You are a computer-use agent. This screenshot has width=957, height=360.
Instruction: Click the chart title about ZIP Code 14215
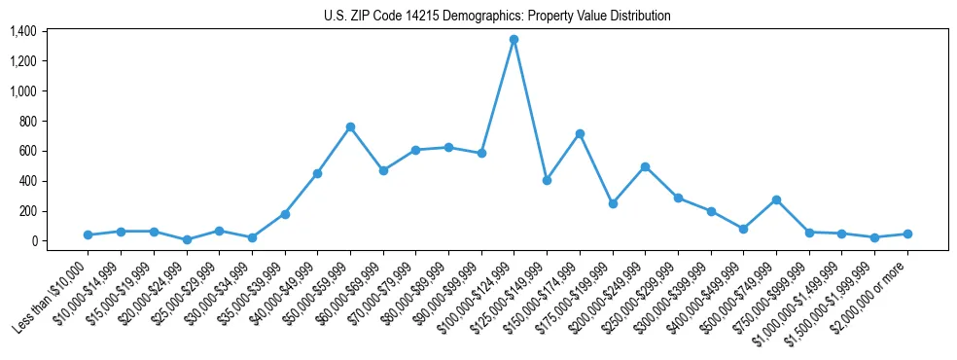click(497, 17)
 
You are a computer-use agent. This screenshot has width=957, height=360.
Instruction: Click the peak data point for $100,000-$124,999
click(514, 40)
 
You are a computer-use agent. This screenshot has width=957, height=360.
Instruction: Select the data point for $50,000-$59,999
click(350, 127)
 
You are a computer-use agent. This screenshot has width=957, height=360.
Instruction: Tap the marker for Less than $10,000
click(89, 234)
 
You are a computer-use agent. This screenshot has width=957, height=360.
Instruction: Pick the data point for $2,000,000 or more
click(907, 234)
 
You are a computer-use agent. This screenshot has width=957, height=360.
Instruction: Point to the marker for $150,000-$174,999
click(580, 133)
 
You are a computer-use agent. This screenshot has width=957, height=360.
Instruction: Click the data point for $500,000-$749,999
click(776, 199)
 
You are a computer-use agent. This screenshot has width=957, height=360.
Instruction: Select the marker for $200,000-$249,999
click(645, 166)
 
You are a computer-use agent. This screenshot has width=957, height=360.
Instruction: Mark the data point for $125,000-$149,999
click(547, 180)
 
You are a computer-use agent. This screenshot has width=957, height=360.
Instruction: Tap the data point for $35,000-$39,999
click(285, 214)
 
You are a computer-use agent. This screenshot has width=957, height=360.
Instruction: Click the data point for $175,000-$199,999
click(613, 203)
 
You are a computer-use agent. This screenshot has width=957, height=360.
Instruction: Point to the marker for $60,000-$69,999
click(383, 170)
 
